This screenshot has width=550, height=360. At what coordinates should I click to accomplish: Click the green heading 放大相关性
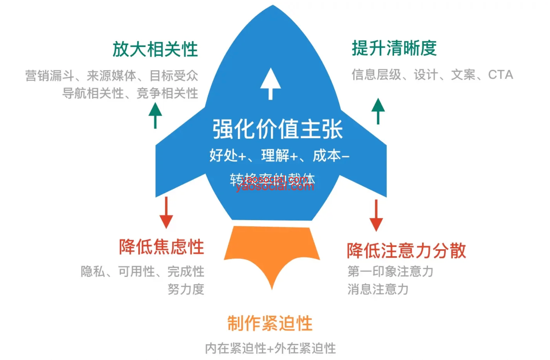click(155, 49)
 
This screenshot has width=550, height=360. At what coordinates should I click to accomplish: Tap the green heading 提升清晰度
click(394, 48)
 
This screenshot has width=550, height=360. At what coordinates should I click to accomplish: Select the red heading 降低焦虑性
click(161, 247)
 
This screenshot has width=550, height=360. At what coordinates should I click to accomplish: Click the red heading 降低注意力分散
click(406, 250)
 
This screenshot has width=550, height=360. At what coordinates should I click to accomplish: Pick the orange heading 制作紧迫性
click(270, 323)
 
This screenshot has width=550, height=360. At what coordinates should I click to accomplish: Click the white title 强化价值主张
click(277, 129)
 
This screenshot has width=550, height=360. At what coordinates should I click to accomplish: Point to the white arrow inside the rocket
click(271, 83)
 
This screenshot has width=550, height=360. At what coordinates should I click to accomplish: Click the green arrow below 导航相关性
click(155, 115)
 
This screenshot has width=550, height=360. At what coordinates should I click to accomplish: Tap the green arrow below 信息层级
click(378, 111)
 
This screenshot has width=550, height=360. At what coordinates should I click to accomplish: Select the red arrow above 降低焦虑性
click(166, 213)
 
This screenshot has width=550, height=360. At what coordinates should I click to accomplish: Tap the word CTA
click(500, 75)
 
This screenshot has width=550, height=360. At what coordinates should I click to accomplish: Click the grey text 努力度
click(186, 289)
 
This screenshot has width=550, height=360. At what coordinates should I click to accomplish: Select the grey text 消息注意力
click(378, 289)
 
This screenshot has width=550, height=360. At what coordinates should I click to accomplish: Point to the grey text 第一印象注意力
click(390, 271)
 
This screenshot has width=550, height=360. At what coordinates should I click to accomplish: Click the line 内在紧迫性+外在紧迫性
click(270, 348)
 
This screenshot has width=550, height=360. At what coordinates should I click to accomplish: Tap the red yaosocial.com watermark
click(275, 186)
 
